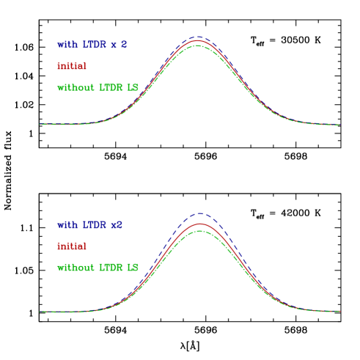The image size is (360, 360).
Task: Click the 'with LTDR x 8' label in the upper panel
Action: [x=92, y=45]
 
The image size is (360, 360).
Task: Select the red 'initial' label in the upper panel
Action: [x=72, y=66]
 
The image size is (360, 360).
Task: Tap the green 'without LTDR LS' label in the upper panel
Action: [x=98, y=88]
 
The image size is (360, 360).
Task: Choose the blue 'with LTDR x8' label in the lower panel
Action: [x=90, y=225]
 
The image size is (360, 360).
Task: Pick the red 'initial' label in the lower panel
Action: [x=72, y=246]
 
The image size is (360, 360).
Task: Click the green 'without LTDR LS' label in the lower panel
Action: [x=98, y=268]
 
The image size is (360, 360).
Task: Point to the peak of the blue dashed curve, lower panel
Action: [x=199, y=213]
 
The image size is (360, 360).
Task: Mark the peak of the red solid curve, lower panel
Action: [x=199, y=224]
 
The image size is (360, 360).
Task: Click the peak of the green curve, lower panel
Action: [x=199, y=230]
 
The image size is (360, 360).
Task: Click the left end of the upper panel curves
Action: [x=40, y=125]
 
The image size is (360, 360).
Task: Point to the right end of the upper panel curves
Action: [x=339, y=125]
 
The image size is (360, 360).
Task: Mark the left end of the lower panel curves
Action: [x=40, y=312]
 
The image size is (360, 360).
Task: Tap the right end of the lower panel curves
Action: [x=339, y=312]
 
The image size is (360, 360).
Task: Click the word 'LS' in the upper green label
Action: [x=133, y=88]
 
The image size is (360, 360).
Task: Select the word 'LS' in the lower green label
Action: [x=133, y=268]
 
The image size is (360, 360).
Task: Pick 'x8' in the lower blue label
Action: [x=117, y=225]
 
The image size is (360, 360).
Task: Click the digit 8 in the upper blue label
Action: [x=124, y=45]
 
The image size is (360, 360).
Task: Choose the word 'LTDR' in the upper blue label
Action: [x=94, y=45]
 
